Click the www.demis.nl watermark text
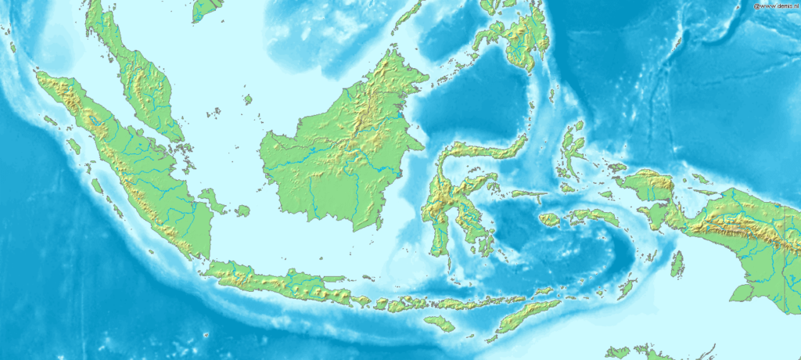(x=775, y=5)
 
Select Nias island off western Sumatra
(x=74, y=146)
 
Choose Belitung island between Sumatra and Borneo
(x=242, y=211)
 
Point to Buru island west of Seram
(x=549, y=220)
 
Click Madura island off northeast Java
(x=334, y=279)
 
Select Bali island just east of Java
(x=361, y=301)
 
